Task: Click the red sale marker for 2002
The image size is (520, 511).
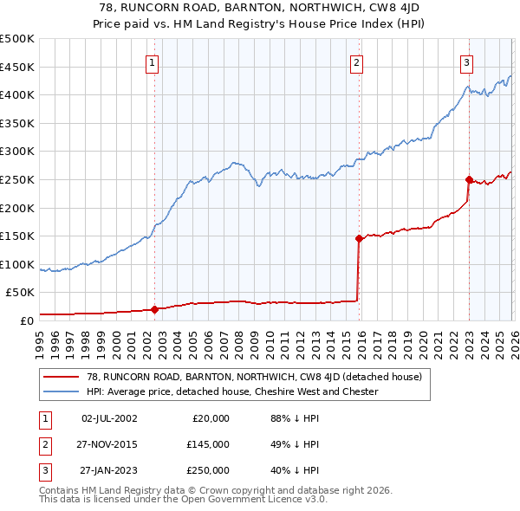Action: click(x=154, y=309)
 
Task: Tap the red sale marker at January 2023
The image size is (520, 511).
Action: click(x=469, y=180)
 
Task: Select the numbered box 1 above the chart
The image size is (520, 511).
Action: click(x=152, y=61)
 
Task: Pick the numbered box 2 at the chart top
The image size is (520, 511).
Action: click(x=356, y=61)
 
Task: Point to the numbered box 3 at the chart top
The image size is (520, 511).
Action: click(x=466, y=61)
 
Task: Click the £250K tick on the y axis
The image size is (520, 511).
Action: click(x=17, y=179)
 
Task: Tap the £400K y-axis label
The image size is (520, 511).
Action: click(x=17, y=94)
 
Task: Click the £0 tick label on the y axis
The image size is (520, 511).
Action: click(x=26, y=320)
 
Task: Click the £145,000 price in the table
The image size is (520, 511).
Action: click(x=207, y=444)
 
